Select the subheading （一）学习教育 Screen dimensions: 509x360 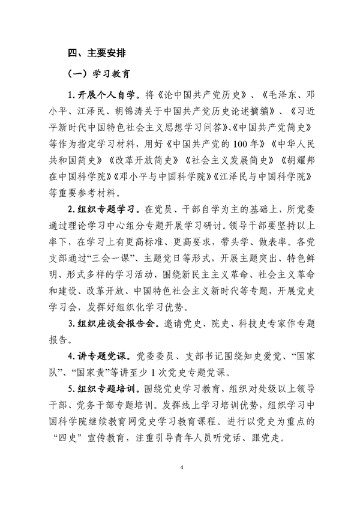[98, 74]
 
